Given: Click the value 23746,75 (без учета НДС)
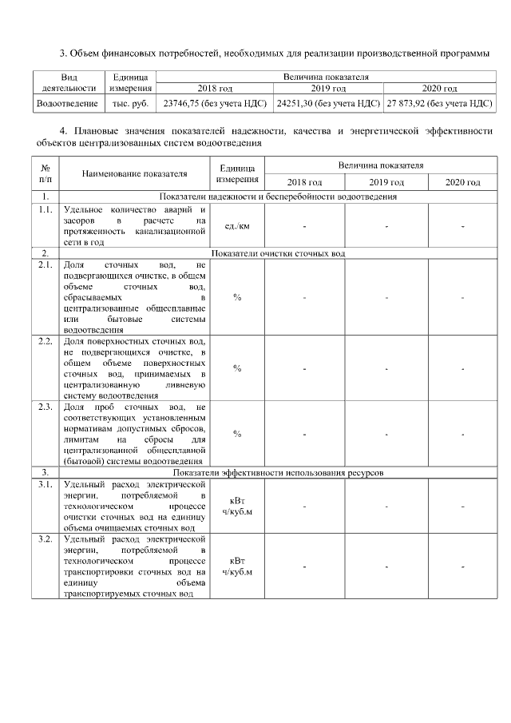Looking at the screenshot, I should [215, 103].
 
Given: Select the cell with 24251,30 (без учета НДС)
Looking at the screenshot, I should [327, 103].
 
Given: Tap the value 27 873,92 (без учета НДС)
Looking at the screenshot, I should [438, 103].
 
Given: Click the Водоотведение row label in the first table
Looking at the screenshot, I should [68, 103].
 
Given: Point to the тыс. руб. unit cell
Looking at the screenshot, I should [130, 103].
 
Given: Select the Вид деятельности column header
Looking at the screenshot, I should [68, 82].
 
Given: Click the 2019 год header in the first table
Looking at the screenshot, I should [327, 88].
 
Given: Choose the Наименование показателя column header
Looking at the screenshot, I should [133, 173].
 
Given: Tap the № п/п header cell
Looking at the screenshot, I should [46, 173].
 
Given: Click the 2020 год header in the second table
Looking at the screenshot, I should [462, 182].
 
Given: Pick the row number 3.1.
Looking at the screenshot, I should [46, 484].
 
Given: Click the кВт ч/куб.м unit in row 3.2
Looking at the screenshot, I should [237, 566].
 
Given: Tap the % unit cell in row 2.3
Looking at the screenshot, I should [237, 433].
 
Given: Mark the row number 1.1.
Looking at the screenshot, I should [46, 209].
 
